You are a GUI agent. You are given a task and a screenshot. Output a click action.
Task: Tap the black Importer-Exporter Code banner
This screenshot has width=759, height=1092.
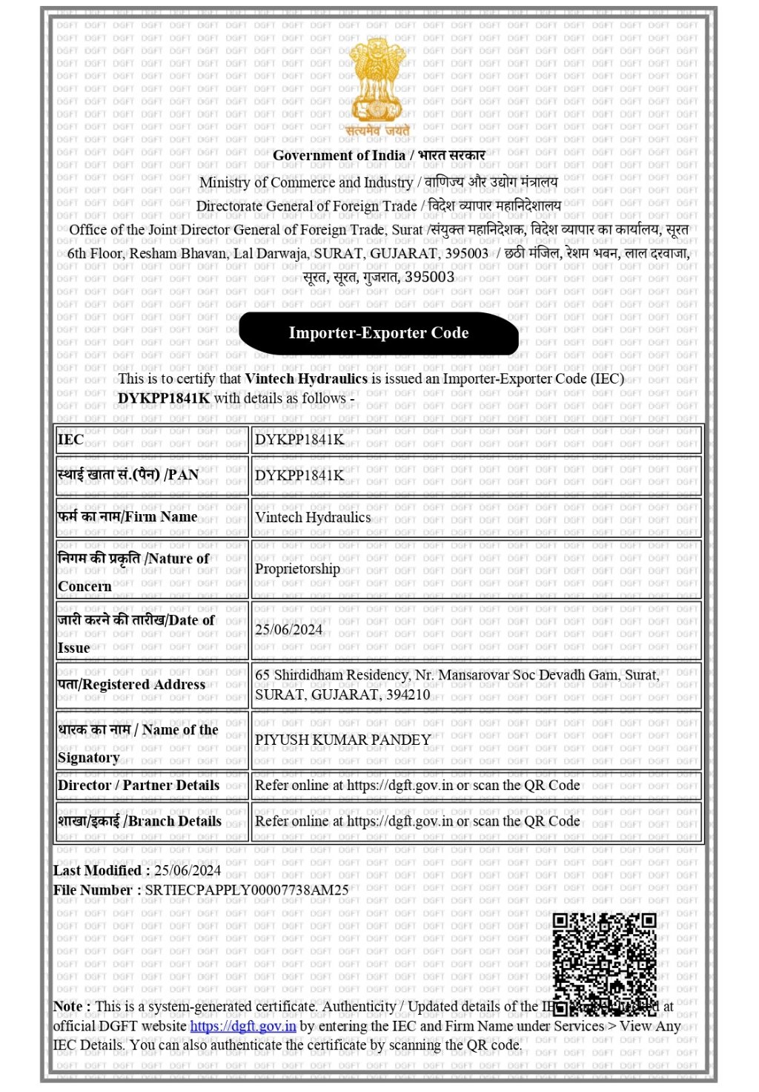pos(379,333)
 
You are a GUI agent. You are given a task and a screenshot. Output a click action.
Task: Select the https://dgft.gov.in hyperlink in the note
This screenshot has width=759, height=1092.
pos(243,1026)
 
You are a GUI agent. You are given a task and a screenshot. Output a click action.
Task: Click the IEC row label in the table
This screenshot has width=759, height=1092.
pos(70,440)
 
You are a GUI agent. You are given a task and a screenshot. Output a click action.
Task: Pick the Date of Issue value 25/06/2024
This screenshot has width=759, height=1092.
pos(288,630)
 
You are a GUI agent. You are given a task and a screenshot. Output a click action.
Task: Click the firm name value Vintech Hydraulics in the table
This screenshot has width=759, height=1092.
pos(313,517)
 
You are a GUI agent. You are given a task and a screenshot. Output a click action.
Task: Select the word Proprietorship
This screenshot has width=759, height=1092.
pos(297,569)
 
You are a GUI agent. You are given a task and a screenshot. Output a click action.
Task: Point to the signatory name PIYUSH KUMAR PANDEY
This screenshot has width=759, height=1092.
pos(342,740)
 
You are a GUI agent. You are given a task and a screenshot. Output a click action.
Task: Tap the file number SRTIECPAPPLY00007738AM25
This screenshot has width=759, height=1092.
pos(247,889)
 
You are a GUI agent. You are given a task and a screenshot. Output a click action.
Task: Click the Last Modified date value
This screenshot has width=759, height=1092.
pos(188,870)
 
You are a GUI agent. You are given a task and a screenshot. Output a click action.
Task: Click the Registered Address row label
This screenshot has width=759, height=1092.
pos(132,685)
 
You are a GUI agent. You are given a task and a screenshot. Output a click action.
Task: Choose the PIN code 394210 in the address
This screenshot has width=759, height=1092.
pos(407,695)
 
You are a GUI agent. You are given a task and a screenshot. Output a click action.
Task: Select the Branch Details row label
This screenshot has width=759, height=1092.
pos(140,821)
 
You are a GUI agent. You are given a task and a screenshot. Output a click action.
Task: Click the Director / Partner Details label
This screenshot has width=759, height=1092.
pos(139,786)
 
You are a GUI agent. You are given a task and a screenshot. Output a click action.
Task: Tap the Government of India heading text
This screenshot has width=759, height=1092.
pos(339,156)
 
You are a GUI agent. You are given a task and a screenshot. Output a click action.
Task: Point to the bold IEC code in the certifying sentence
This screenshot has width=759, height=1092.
pos(164,398)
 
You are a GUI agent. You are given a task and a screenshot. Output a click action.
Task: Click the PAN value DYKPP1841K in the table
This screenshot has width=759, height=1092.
pos(299,476)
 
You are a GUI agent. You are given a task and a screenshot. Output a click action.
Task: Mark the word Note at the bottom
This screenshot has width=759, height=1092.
pos(67,1007)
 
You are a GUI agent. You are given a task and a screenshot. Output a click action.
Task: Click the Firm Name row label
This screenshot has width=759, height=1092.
pos(127,517)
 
